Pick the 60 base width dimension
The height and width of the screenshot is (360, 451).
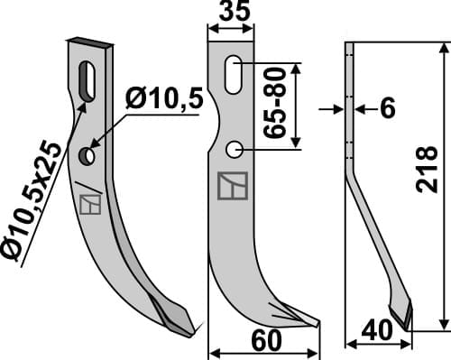[262, 343]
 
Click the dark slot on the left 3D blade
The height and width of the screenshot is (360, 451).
[87, 79]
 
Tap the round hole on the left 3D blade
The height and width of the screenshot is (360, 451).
[87, 157]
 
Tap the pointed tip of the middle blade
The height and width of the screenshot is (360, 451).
[318, 322]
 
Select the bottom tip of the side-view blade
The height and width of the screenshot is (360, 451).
[408, 327]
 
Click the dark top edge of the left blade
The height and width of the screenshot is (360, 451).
[90, 42]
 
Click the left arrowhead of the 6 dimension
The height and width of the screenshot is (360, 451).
[340, 108]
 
